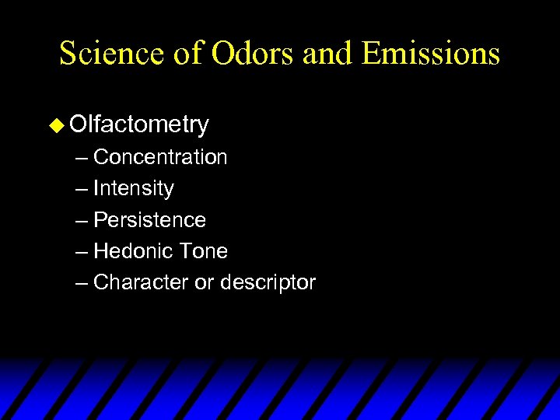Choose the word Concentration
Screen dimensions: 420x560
coord(160,157)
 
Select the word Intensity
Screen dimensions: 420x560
coord(133,188)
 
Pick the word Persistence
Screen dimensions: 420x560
coord(149,220)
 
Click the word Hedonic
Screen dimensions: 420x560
coord(129,251)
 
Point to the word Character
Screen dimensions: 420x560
coord(141,282)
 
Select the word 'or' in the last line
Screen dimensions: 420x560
coord(204,283)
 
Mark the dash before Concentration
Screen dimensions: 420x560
coord(82,158)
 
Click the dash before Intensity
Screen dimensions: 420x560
coord(82,189)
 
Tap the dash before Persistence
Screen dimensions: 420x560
coord(82,221)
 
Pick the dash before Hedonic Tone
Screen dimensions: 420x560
coord(82,252)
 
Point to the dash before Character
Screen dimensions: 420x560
coord(82,283)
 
